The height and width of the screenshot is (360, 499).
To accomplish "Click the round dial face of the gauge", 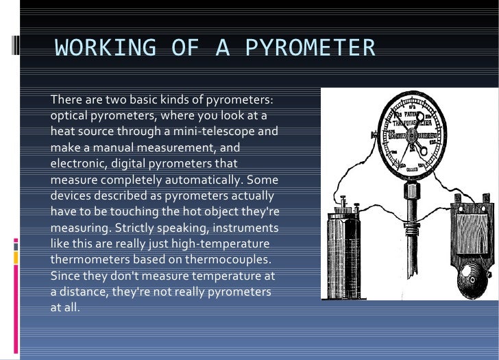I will point(412,131).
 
